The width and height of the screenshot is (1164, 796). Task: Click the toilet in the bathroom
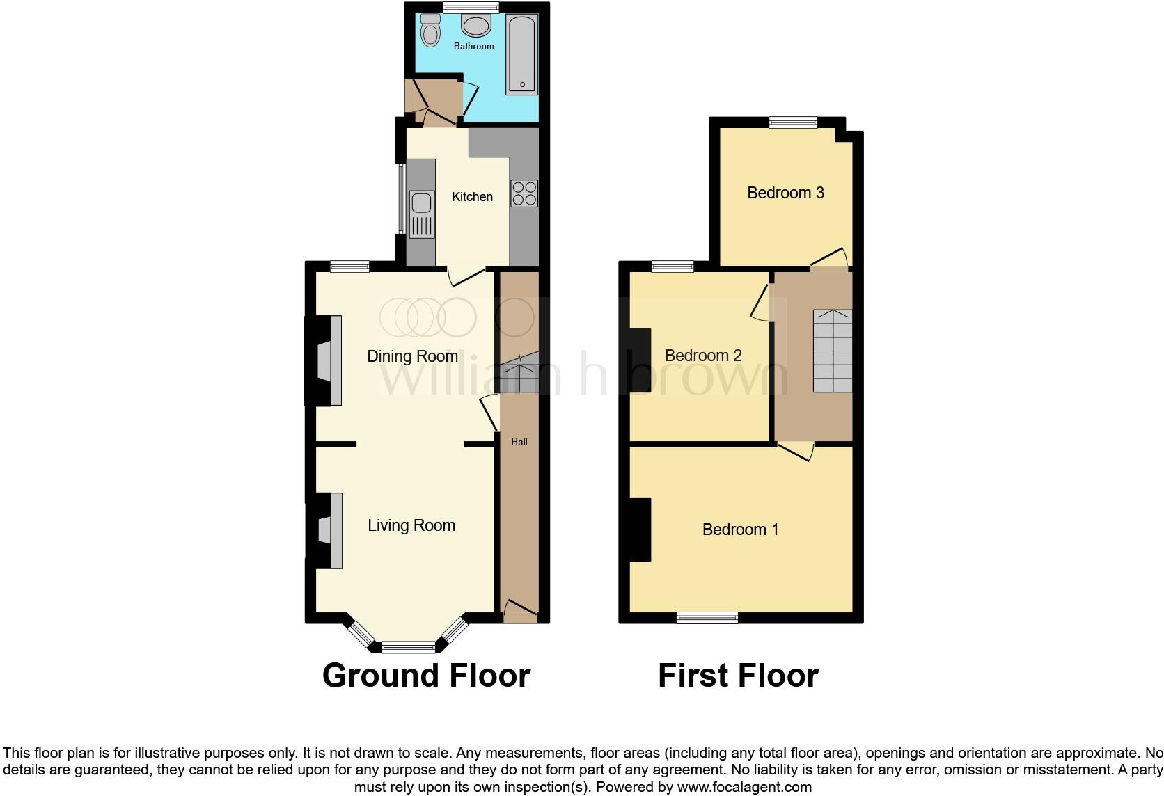[x=431, y=31]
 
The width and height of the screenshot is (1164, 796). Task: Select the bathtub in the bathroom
[x=521, y=54]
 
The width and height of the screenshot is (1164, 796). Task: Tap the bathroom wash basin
[x=476, y=26]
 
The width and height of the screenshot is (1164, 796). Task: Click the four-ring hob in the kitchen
[x=524, y=193]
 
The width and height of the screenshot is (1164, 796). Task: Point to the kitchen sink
[x=421, y=204]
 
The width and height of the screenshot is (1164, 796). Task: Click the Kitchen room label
[x=472, y=197]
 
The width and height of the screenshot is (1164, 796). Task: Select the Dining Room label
[x=412, y=356]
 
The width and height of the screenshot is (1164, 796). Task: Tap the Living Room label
[x=411, y=525]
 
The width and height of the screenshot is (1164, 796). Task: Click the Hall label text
[x=519, y=442]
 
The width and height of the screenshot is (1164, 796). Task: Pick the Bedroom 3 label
[x=785, y=193]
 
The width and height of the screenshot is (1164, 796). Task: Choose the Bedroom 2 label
[x=703, y=356]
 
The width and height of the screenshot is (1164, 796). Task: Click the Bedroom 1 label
[x=740, y=530]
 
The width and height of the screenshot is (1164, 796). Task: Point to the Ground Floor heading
[x=426, y=676]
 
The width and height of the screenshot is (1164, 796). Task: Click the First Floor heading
[x=738, y=676]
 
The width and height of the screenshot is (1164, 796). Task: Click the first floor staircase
[x=833, y=351]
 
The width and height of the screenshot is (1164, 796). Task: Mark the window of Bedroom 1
[x=707, y=617]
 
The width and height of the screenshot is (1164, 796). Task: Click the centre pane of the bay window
[x=408, y=647]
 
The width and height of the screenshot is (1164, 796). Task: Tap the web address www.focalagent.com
[x=744, y=787]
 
